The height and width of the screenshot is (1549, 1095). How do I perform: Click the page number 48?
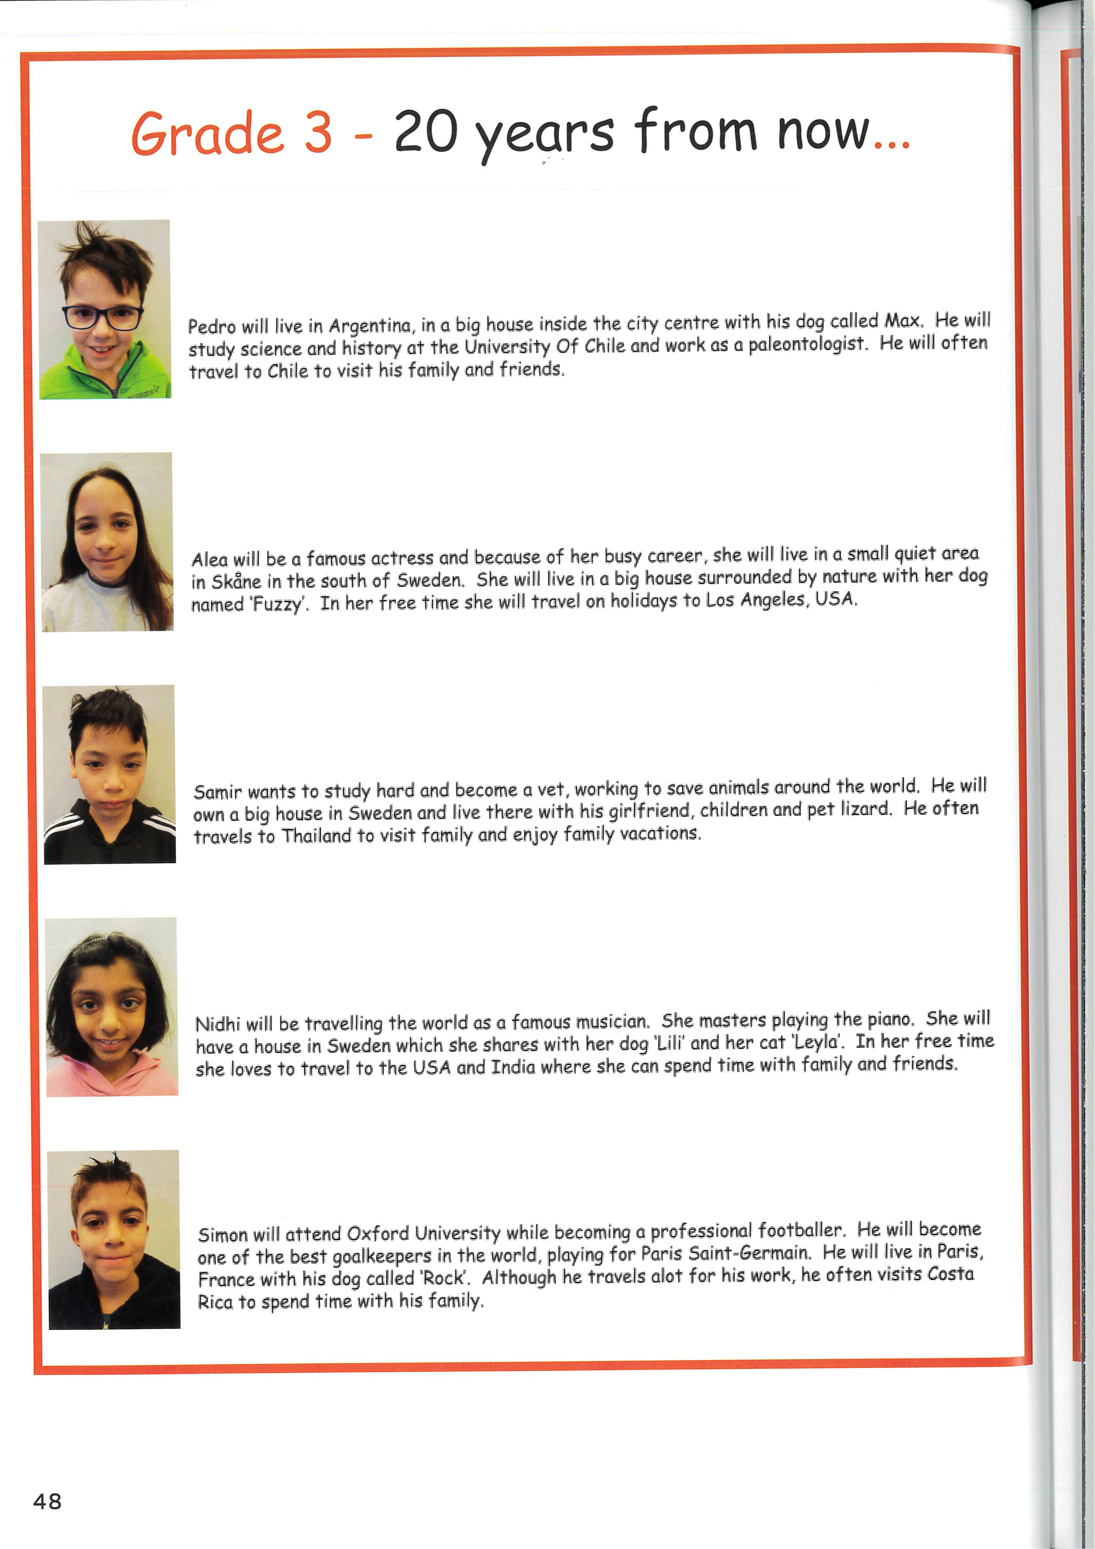pyautogui.click(x=47, y=1501)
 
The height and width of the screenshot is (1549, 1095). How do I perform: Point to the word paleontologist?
pyautogui.click(x=806, y=344)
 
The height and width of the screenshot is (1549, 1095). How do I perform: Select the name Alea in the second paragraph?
pyautogui.click(x=209, y=559)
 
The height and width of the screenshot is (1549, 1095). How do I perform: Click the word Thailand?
pyautogui.click(x=317, y=836)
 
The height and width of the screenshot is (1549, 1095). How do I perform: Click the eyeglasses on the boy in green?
pyautogui.click(x=102, y=316)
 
